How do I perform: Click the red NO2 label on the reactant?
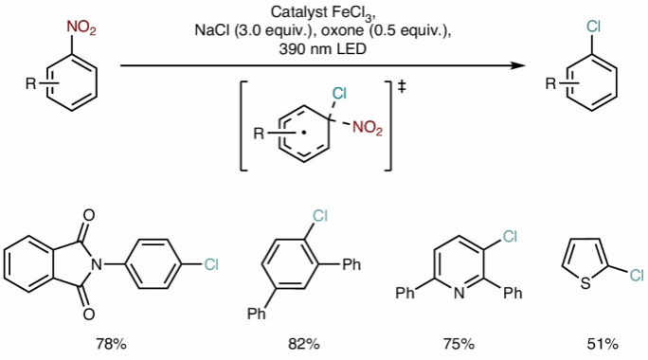pos(81,28)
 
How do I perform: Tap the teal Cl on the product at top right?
pos(593,27)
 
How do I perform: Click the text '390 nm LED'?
pos(323,49)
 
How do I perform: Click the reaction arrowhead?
pos(517,65)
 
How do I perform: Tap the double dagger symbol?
pos(402,87)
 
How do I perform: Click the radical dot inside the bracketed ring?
pos(303,133)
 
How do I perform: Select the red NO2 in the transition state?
pos(368,128)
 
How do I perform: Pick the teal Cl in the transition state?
pos(339,94)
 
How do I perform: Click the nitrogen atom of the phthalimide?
pos(97,264)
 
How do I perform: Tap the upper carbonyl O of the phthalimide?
pos(89,215)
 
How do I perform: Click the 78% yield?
pos(111,344)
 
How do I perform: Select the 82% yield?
pos(304,344)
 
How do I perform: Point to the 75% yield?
pos(459,344)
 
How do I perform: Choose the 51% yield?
pos(603,344)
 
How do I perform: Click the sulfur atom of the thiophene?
pos(585,283)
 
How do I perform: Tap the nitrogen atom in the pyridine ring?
pos(459,293)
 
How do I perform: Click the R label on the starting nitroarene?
pos(31,84)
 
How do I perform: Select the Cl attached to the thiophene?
pos(637,275)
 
